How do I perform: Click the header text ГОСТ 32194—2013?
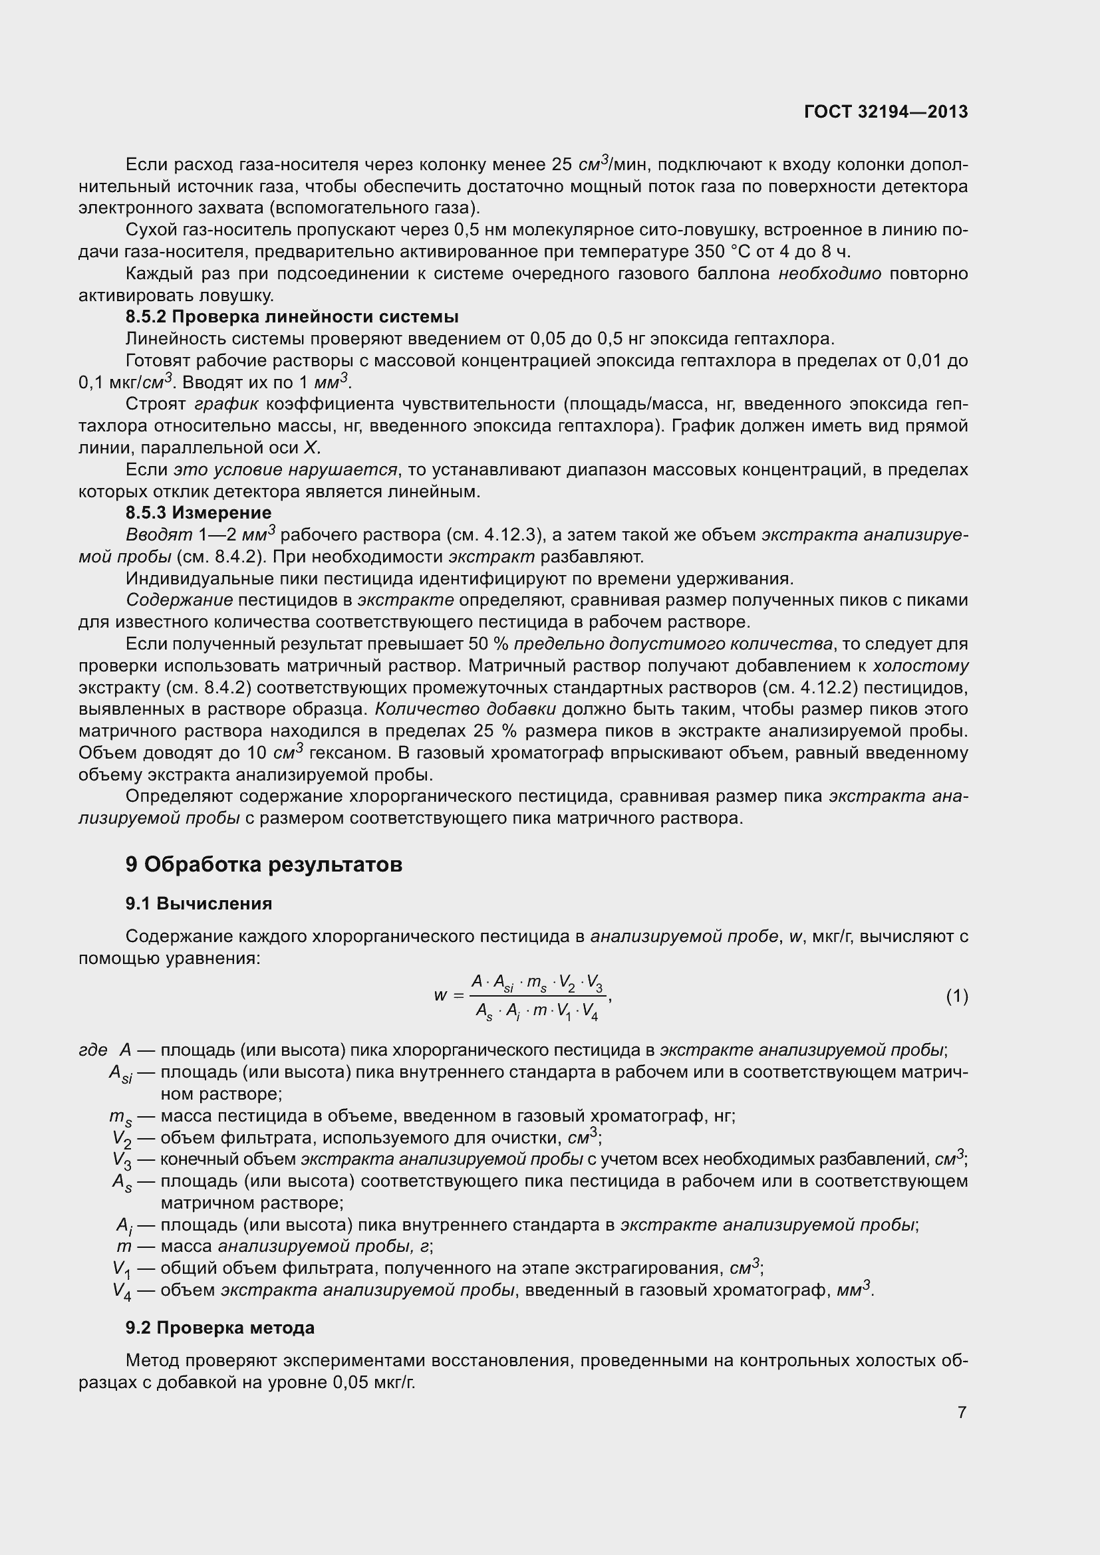886,112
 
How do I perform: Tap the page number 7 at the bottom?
962,1412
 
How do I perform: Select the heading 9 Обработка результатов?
263,864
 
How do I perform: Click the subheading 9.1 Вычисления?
198,903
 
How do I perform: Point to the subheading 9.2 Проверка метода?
219,1328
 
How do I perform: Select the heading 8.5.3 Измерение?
198,513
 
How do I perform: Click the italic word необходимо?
830,274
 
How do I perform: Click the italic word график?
226,404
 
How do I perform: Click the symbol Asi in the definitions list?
120,1073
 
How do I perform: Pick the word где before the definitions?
93,1050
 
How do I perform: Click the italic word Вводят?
159,535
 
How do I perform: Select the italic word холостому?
920,665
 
